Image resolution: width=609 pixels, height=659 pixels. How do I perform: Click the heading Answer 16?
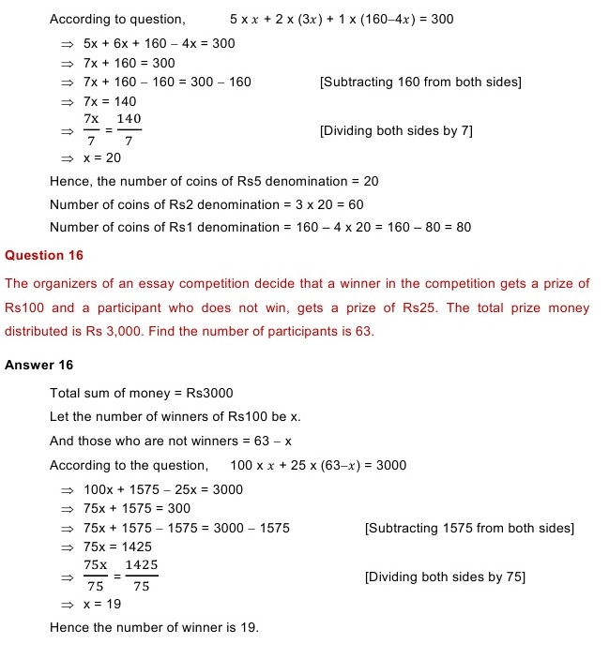(38, 365)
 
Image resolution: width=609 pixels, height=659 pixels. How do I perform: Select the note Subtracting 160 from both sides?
(420, 82)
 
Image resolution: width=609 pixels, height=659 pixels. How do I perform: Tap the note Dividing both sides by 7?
(396, 131)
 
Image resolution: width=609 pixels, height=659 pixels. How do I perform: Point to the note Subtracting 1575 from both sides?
(468, 529)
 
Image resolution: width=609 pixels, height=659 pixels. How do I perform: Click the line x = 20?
(101, 157)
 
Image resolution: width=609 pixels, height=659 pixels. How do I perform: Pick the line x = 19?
(101, 605)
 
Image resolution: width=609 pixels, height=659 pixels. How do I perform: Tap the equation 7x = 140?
(110, 101)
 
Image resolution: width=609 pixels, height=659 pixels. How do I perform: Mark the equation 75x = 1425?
(117, 547)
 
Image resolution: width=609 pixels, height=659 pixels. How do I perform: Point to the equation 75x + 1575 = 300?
(136, 509)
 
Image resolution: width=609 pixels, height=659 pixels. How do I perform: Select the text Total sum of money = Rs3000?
(141, 394)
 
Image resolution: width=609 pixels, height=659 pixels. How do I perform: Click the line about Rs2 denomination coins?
(206, 204)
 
